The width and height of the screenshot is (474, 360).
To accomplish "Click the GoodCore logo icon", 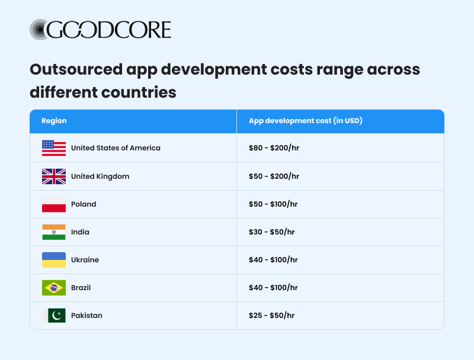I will tap(39, 30).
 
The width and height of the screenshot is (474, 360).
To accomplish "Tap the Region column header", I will tap(54, 121).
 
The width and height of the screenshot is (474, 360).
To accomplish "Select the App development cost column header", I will tap(305, 121).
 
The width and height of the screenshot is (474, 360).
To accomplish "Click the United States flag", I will tap(54, 148).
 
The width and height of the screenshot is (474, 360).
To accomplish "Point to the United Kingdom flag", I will tap(54, 176).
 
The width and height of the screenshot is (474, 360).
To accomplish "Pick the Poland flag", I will tap(54, 204).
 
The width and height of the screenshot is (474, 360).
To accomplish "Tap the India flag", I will tap(54, 232).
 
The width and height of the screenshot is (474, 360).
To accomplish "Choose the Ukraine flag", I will tap(54, 260).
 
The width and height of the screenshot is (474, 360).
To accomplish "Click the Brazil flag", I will tap(54, 288).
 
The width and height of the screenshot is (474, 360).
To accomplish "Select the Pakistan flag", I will tap(54, 316).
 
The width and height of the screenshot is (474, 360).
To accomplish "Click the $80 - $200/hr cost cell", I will tap(274, 148).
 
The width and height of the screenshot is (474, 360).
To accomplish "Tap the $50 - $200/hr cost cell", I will tap(274, 176).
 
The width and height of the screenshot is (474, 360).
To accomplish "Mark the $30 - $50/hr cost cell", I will tap(271, 232).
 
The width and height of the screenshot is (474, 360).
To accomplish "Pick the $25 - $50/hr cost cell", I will tap(271, 316).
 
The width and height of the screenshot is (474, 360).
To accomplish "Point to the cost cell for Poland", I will tap(273, 204).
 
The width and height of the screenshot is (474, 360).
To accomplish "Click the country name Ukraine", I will tap(85, 260).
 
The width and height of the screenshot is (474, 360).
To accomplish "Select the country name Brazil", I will tap(81, 288).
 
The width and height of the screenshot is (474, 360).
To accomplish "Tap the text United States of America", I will tap(116, 148).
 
